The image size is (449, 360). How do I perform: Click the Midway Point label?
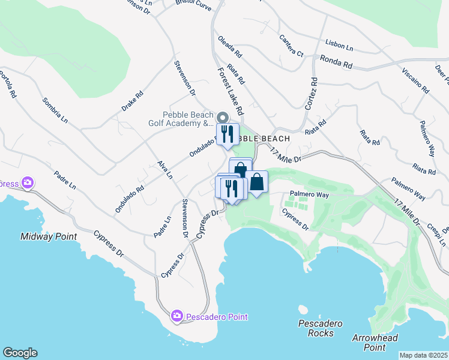[x=49, y=236]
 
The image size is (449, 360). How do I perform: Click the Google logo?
[x=20, y=353]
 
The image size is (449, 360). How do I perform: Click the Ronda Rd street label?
[x=336, y=60]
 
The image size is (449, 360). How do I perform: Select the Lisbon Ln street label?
[x=339, y=45]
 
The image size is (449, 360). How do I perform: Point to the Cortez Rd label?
[x=311, y=93]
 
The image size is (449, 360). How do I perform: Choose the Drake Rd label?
[x=133, y=101]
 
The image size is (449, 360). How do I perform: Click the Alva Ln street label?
[x=164, y=170]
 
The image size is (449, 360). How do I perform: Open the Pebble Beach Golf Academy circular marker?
[x=223, y=117]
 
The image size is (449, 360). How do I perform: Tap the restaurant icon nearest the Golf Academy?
[x=227, y=134]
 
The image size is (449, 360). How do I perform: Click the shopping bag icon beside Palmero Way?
[x=257, y=182]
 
